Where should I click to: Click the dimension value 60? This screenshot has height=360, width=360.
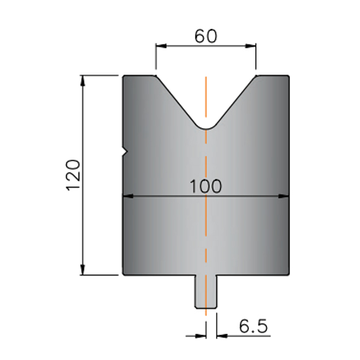[206, 36]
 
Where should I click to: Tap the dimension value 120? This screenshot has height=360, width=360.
[73, 175]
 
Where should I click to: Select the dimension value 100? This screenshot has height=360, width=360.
[206, 186]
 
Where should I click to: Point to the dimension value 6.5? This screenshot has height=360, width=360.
[253, 326]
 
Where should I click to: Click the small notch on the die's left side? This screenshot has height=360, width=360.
[125, 152]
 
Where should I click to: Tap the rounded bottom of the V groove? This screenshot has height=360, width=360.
[206, 127]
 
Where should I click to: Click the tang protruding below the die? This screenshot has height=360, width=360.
[206, 291]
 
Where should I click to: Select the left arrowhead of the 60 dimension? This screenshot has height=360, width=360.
[161, 46]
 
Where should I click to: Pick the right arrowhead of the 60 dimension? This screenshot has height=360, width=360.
[251, 46]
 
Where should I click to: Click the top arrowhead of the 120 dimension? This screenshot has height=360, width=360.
[83, 81]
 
